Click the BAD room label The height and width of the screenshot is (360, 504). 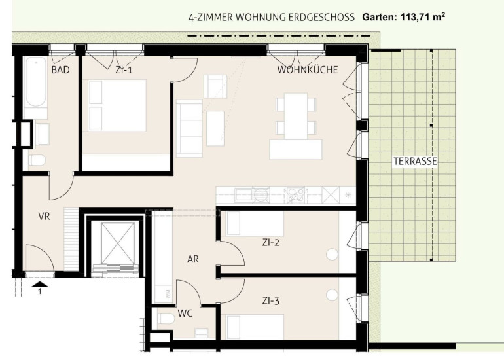[60, 70]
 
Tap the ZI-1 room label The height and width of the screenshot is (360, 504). [124, 70]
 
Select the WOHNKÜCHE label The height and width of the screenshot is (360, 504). [308, 70]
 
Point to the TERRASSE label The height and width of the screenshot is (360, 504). [415, 161]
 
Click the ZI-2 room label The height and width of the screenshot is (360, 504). [270, 242]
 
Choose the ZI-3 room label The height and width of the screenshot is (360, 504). [270, 301]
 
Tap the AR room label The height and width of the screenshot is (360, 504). [193, 259]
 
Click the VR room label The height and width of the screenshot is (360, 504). [44, 216]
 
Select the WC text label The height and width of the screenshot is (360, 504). [185, 313]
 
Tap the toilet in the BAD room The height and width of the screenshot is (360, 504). [37, 160]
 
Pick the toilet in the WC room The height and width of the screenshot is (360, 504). [166, 319]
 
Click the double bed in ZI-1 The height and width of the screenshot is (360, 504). [117, 105]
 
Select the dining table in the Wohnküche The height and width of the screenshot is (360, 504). [296, 116]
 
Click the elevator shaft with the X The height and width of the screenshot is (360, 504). [117, 242]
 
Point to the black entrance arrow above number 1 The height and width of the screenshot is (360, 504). [40, 284]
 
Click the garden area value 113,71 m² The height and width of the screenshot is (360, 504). [423, 17]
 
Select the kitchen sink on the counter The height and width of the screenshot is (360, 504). [243, 195]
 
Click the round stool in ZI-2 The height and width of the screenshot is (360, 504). [332, 255]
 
